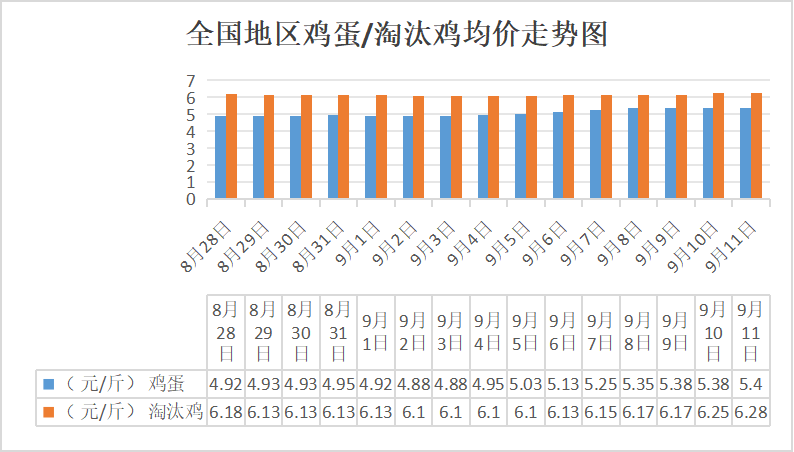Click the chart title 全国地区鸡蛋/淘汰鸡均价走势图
[397, 35]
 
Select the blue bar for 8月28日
[220, 157]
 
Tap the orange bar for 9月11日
[757, 146]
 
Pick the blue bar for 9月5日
[521, 156]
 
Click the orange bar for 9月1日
[381, 147]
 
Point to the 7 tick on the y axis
[191, 80]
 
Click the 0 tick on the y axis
[191, 199]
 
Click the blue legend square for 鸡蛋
[49, 384]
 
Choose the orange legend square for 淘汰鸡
[49, 412]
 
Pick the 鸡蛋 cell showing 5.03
[526, 384]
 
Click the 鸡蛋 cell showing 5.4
[750, 384]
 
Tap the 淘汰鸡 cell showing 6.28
[750, 412]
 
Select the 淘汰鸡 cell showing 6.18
[226, 412]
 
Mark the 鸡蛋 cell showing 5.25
[601, 384]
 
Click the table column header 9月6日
[563, 332]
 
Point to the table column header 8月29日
[263, 332]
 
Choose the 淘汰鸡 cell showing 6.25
[713, 412]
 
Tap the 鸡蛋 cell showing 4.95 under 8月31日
[338, 384]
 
